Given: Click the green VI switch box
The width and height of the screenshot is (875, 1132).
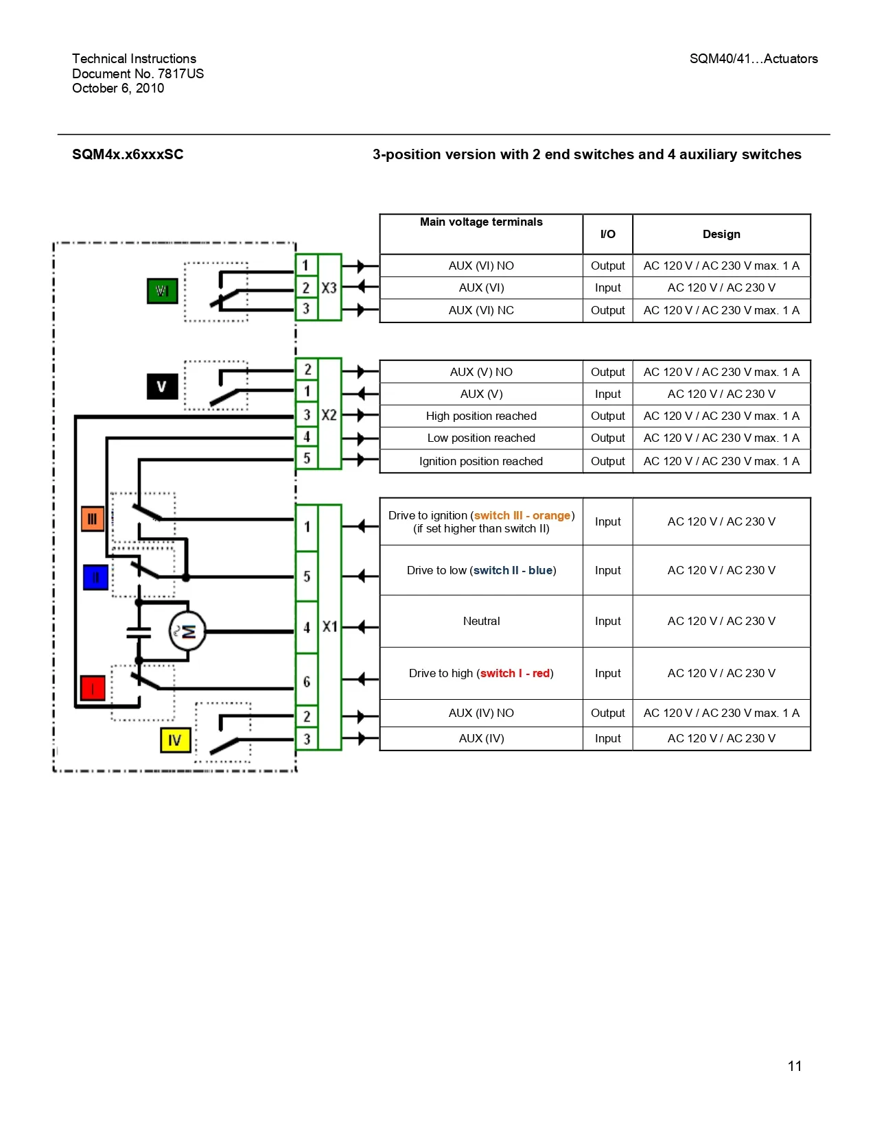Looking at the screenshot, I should tap(163, 291).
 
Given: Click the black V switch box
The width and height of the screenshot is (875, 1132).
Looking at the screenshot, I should tap(162, 386).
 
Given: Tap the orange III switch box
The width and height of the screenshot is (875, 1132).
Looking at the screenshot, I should tap(93, 519).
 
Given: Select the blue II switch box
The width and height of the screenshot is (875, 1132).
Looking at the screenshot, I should tap(95, 578).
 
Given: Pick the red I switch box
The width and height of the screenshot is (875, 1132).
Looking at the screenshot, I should tap(93, 687).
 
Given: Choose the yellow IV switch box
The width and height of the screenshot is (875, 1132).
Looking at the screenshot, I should tap(175, 740).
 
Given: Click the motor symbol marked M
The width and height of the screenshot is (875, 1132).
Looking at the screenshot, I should tap(187, 631).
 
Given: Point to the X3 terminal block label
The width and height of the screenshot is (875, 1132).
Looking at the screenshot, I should tap(329, 288).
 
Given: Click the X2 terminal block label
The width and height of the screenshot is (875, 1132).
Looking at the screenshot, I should tap(329, 415).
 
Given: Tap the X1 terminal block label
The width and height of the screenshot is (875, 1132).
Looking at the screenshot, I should tap(330, 626).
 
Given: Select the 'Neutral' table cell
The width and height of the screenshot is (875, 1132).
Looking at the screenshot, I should tap(481, 621).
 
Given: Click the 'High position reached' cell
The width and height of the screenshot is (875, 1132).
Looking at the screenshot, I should tap(481, 416).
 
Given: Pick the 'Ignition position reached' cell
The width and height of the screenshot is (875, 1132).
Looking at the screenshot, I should tap(481, 461).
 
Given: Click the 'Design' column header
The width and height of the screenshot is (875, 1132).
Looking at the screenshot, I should tap(721, 234).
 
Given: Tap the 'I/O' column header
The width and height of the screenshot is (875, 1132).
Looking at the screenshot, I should tap(608, 234).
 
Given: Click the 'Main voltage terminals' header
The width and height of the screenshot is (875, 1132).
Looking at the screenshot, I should tap(481, 222).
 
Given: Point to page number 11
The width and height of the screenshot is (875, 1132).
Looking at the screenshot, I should tap(795, 1066).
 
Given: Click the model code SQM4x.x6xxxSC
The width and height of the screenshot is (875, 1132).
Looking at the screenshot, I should tap(128, 154).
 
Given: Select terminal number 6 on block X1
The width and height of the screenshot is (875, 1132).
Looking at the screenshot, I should tap(307, 681).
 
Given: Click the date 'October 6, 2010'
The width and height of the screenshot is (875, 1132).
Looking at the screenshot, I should tap(118, 88).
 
